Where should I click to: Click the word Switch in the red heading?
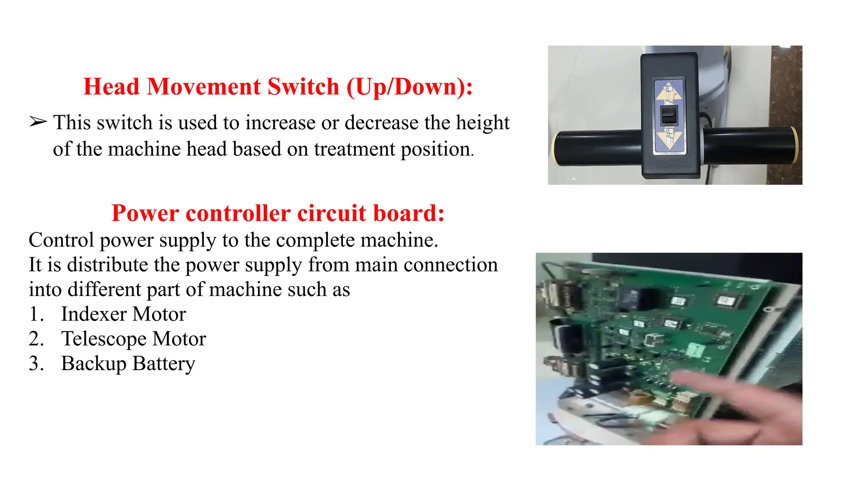303,87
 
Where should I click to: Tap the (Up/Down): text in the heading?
410,87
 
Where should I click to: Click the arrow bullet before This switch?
38,122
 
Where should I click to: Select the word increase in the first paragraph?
280,123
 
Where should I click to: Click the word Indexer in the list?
94,314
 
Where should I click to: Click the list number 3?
36,364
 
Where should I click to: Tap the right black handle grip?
750,145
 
